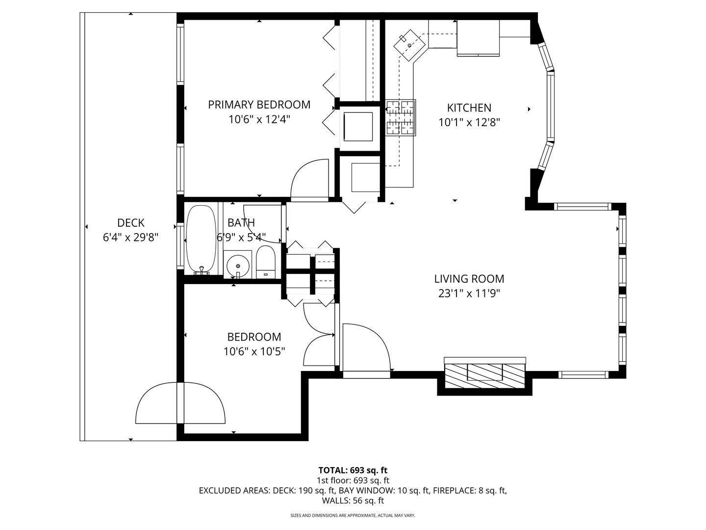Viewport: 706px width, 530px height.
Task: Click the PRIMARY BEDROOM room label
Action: pyautogui.click(x=259, y=105)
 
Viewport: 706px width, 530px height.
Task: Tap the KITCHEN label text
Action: pyautogui.click(x=469, y=108)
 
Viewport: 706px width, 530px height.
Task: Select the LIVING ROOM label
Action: pyautogui.click(x=469, y=279)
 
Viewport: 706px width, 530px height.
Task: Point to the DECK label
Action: pyautogui.click(x=130, y=223)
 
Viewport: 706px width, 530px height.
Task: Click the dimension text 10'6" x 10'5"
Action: pyautogui.click(x=254, y=351)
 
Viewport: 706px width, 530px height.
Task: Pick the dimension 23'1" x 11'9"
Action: pyautogui.click(x=469, y=293)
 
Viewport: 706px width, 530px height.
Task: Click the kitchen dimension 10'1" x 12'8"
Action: pyautogui.click(x=469, y=122)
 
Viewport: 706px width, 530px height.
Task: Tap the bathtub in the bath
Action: pyautogui.click(x=201, y=239)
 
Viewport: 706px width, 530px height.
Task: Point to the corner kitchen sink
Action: pyautogui.click(x=409, y=45)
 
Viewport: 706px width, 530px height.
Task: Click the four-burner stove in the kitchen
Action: pyautogui.click(x=400, y=117)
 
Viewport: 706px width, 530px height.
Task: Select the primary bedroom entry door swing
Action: pyautogui.click(x=310, y=180)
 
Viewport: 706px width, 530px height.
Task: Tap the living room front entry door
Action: pyautogui.click(x=365, y=348)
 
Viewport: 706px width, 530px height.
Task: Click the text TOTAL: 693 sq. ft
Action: pyautogui.click(x=353, y=470)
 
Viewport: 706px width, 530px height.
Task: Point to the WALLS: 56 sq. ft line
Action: pyautogui.click(x=353, y=501)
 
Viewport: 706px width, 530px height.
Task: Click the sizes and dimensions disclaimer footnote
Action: pyautogui.click(x=353, y=516)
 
